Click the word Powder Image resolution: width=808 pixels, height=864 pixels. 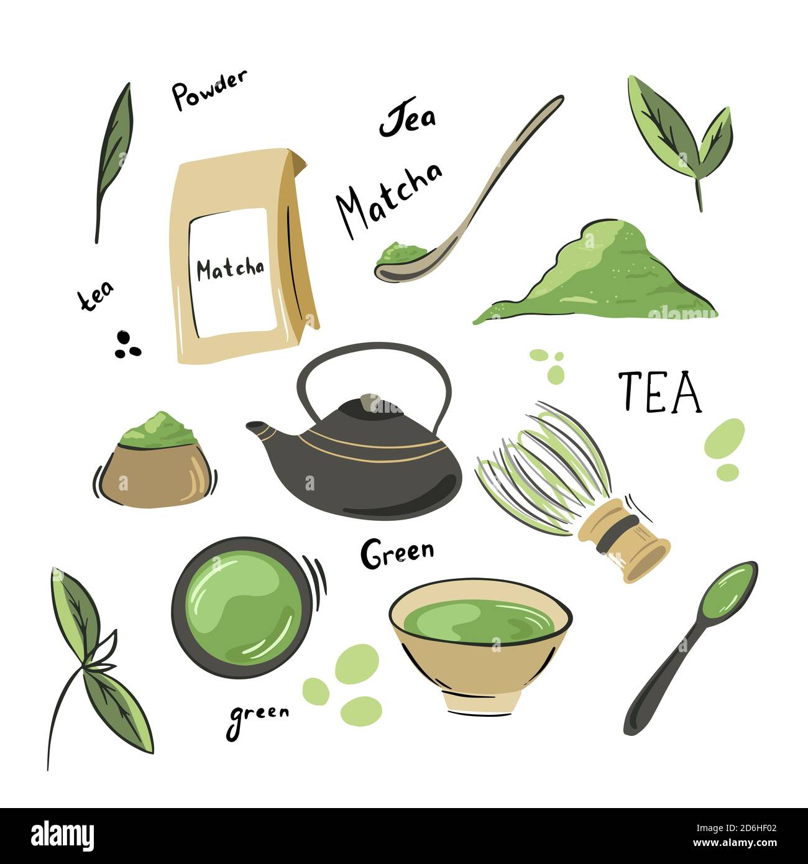(x=209, y=90)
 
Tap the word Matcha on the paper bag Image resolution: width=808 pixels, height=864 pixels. (x=230, y=269)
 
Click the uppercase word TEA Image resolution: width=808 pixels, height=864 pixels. (x=659, y=392)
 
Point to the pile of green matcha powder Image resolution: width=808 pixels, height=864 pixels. (x=597, y=277)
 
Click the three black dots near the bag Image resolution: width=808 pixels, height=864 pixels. (x=127, y=345)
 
